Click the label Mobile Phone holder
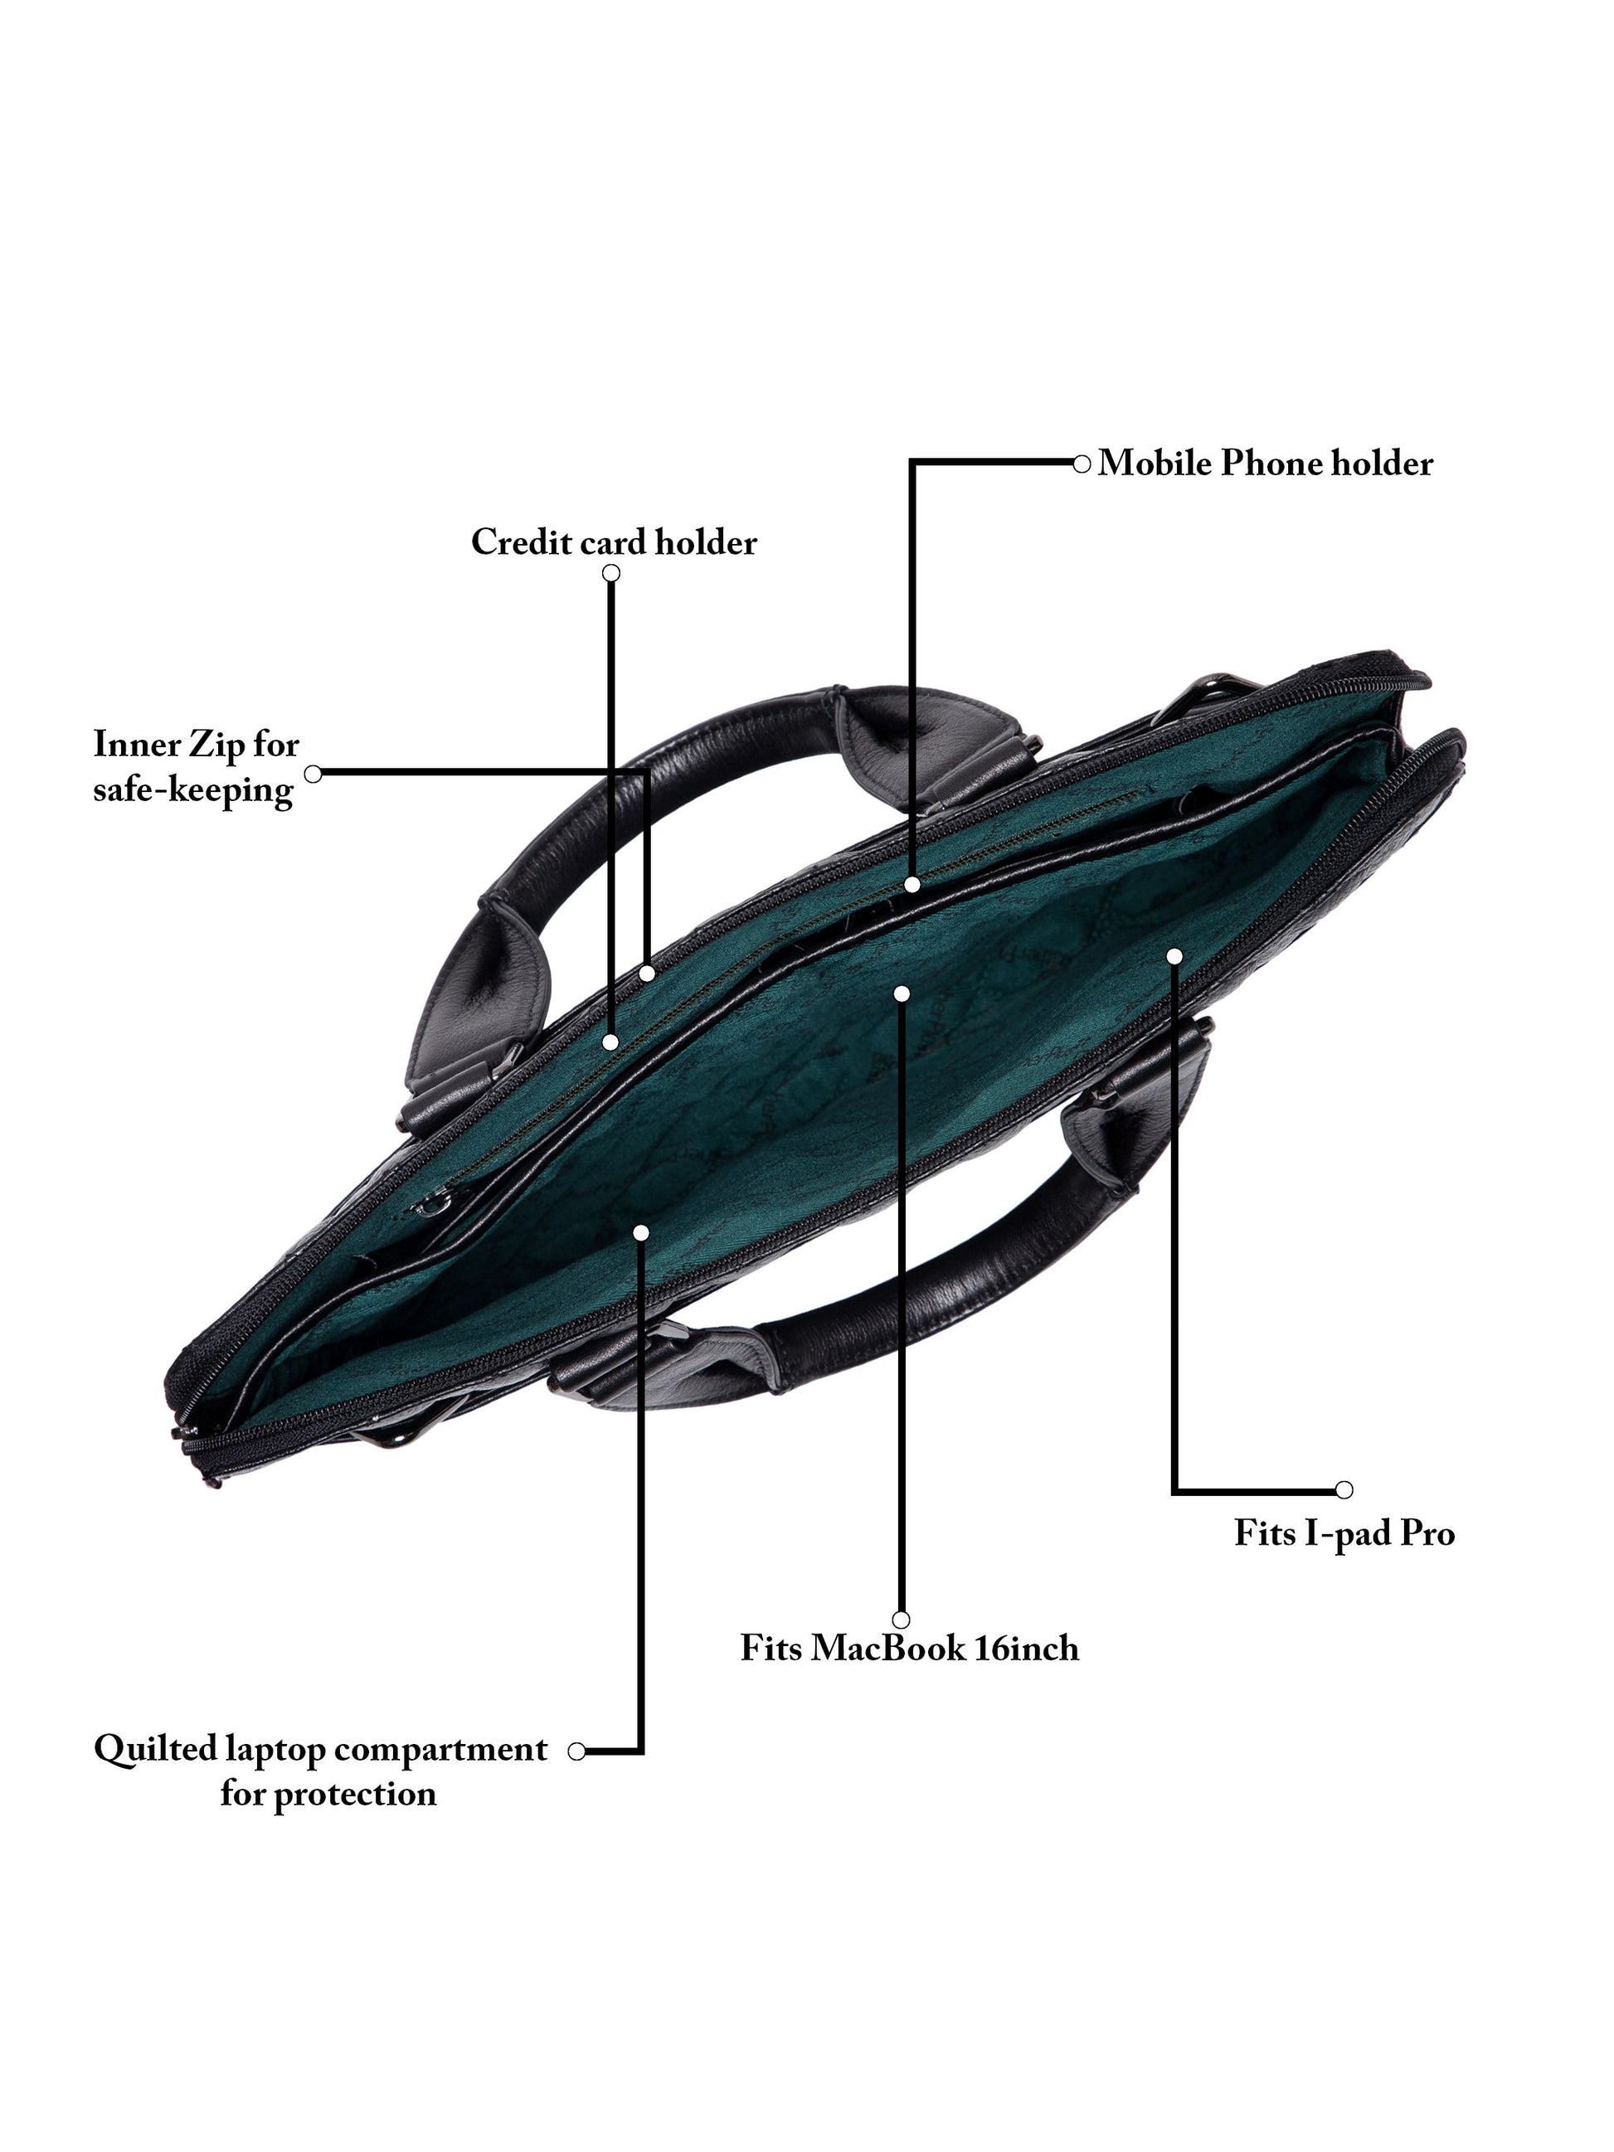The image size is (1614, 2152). [1264, 463]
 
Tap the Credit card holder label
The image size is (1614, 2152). [613, 542]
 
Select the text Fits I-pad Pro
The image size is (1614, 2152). [1344, 1533]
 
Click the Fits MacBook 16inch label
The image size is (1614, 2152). [909, 1648]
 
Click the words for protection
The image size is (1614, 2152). [328, 1793]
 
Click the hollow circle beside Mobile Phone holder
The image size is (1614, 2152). [1081, 464]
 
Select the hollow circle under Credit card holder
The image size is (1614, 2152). [611, 573]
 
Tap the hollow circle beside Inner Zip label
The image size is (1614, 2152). [313, 774]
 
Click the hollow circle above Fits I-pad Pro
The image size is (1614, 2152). [1344, 1489]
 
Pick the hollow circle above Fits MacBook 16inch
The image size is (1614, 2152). [901, 1620]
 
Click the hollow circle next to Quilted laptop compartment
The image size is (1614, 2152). [576, 1751]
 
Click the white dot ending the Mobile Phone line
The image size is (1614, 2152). [912, 884]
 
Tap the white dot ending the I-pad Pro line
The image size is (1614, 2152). [1174, 956]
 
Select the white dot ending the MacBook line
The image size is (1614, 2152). [902, 993]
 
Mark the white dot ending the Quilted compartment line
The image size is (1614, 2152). [640, 1232]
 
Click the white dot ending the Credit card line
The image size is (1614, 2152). [610, 1042]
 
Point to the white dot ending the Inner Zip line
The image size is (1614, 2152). [647, 973]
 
